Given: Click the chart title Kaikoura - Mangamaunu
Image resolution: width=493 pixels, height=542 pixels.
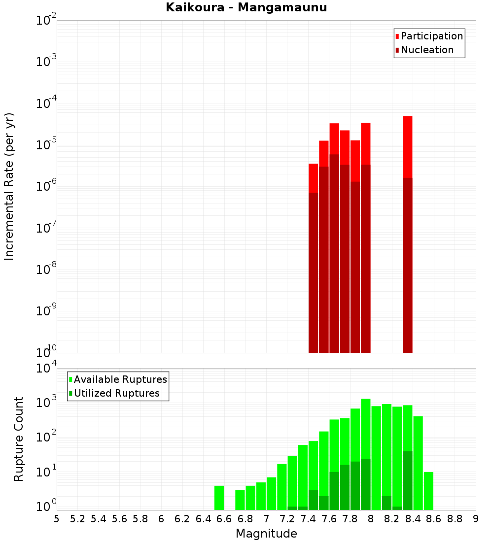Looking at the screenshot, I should [x=246, y=7].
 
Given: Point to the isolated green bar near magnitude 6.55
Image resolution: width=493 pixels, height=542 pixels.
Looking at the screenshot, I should [x=219, y=498].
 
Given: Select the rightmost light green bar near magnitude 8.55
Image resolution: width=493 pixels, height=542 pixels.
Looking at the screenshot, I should [x=428, y=491].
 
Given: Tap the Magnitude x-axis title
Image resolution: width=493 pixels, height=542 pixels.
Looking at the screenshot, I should [x=266, y=534].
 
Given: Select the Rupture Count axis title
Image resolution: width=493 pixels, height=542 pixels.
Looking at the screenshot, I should [x=19, y=439].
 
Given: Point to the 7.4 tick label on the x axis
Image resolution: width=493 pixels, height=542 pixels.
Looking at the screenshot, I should [x=308, y=519].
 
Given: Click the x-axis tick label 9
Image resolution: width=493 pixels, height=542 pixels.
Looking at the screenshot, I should [x=476, y=519].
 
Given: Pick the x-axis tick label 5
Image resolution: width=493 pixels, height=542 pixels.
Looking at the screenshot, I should [x=57, y=519].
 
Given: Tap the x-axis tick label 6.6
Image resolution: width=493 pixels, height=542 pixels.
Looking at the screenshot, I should [x=224, y=519].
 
